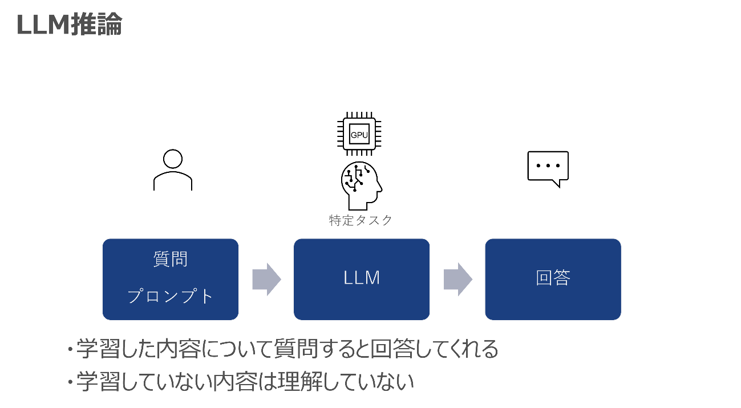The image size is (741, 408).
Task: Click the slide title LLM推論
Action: (69, 25)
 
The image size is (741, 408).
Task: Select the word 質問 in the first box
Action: (171, 260)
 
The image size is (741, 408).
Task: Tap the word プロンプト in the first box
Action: (171, 296)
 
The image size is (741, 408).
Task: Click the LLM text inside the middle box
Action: (362, 278)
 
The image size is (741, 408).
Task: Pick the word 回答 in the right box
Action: (553, 278)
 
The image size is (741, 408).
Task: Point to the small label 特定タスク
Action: (361, 220)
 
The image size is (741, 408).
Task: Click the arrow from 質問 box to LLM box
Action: (266, 280)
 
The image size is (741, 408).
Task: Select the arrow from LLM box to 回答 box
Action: (458, 280)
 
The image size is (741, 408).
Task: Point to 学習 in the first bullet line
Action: (96, 349)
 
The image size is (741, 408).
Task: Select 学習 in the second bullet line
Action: (96, 382)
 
